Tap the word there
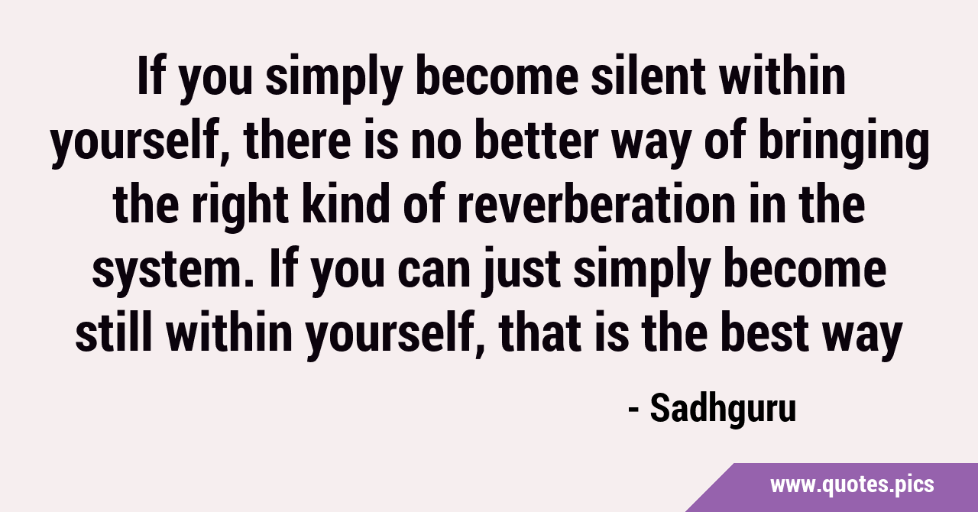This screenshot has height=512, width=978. click(297, 141)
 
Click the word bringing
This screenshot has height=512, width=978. click(843, 143)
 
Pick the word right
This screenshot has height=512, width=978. click(239, 206)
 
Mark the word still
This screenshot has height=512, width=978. click(115, 332)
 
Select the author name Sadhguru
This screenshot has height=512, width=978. click(723, 410)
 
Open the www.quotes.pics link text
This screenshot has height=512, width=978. click(852, 485)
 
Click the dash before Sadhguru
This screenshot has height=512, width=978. click(634, 410)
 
